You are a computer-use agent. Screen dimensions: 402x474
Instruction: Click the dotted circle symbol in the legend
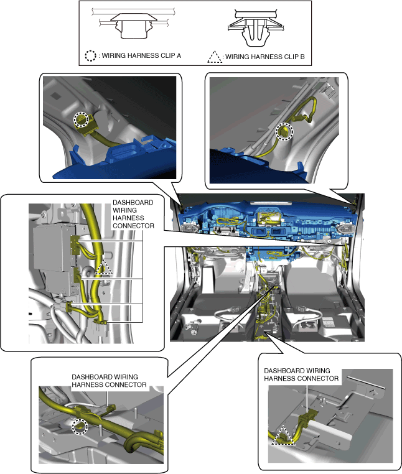point(90,55)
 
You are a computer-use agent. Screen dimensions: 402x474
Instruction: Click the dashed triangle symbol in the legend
point(215,57)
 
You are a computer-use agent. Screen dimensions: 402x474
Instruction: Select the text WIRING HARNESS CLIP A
point(141,55)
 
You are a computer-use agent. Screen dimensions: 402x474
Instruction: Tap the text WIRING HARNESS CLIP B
point(265,57)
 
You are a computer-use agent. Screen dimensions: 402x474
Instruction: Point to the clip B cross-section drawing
point(256,28)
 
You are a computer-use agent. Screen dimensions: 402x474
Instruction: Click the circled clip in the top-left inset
point(82,119)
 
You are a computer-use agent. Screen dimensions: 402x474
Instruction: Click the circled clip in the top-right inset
point(284,132)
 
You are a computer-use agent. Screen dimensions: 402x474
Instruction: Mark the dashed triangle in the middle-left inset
point(103,267)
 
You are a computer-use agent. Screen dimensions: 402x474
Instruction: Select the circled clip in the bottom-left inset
point(80,427)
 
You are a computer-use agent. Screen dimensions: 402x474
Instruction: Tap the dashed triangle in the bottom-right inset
point(283,435)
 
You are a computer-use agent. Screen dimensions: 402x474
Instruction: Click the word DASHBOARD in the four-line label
point(133,202)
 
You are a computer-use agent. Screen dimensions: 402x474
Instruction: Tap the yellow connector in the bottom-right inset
point(306,419)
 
